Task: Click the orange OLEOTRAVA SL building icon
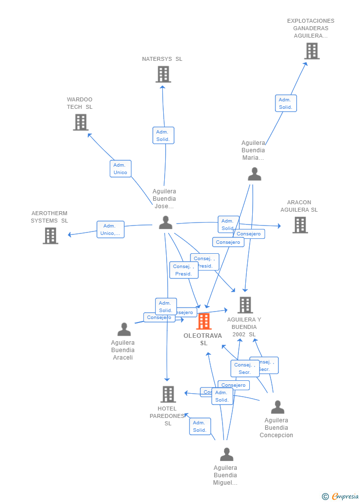[204, 321]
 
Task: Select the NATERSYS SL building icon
[163, 74]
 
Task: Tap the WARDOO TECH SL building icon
[81, 122]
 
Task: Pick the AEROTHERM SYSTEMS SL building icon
[50, 236]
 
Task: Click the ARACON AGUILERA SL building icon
[300, 225]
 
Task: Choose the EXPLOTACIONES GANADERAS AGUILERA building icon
[312, 51]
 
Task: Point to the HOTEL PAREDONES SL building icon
[168, 394]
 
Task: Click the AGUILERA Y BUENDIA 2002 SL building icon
[245, 305]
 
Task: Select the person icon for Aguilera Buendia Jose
[166, 223]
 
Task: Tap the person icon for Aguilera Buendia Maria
[254, 174]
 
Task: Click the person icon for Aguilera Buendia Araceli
[124, 329]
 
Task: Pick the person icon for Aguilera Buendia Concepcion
[277, 407]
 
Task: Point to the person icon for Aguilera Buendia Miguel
[226, 455]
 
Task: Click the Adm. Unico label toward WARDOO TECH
[121, 169]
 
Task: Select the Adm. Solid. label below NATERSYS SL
[163, 136]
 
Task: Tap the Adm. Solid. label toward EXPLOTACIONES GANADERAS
[286, 103]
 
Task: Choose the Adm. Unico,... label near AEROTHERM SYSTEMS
[110, 229]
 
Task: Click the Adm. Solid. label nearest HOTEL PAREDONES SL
[200, 426]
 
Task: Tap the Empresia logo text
[345, 497]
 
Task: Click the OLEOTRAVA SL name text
[203, 339]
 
